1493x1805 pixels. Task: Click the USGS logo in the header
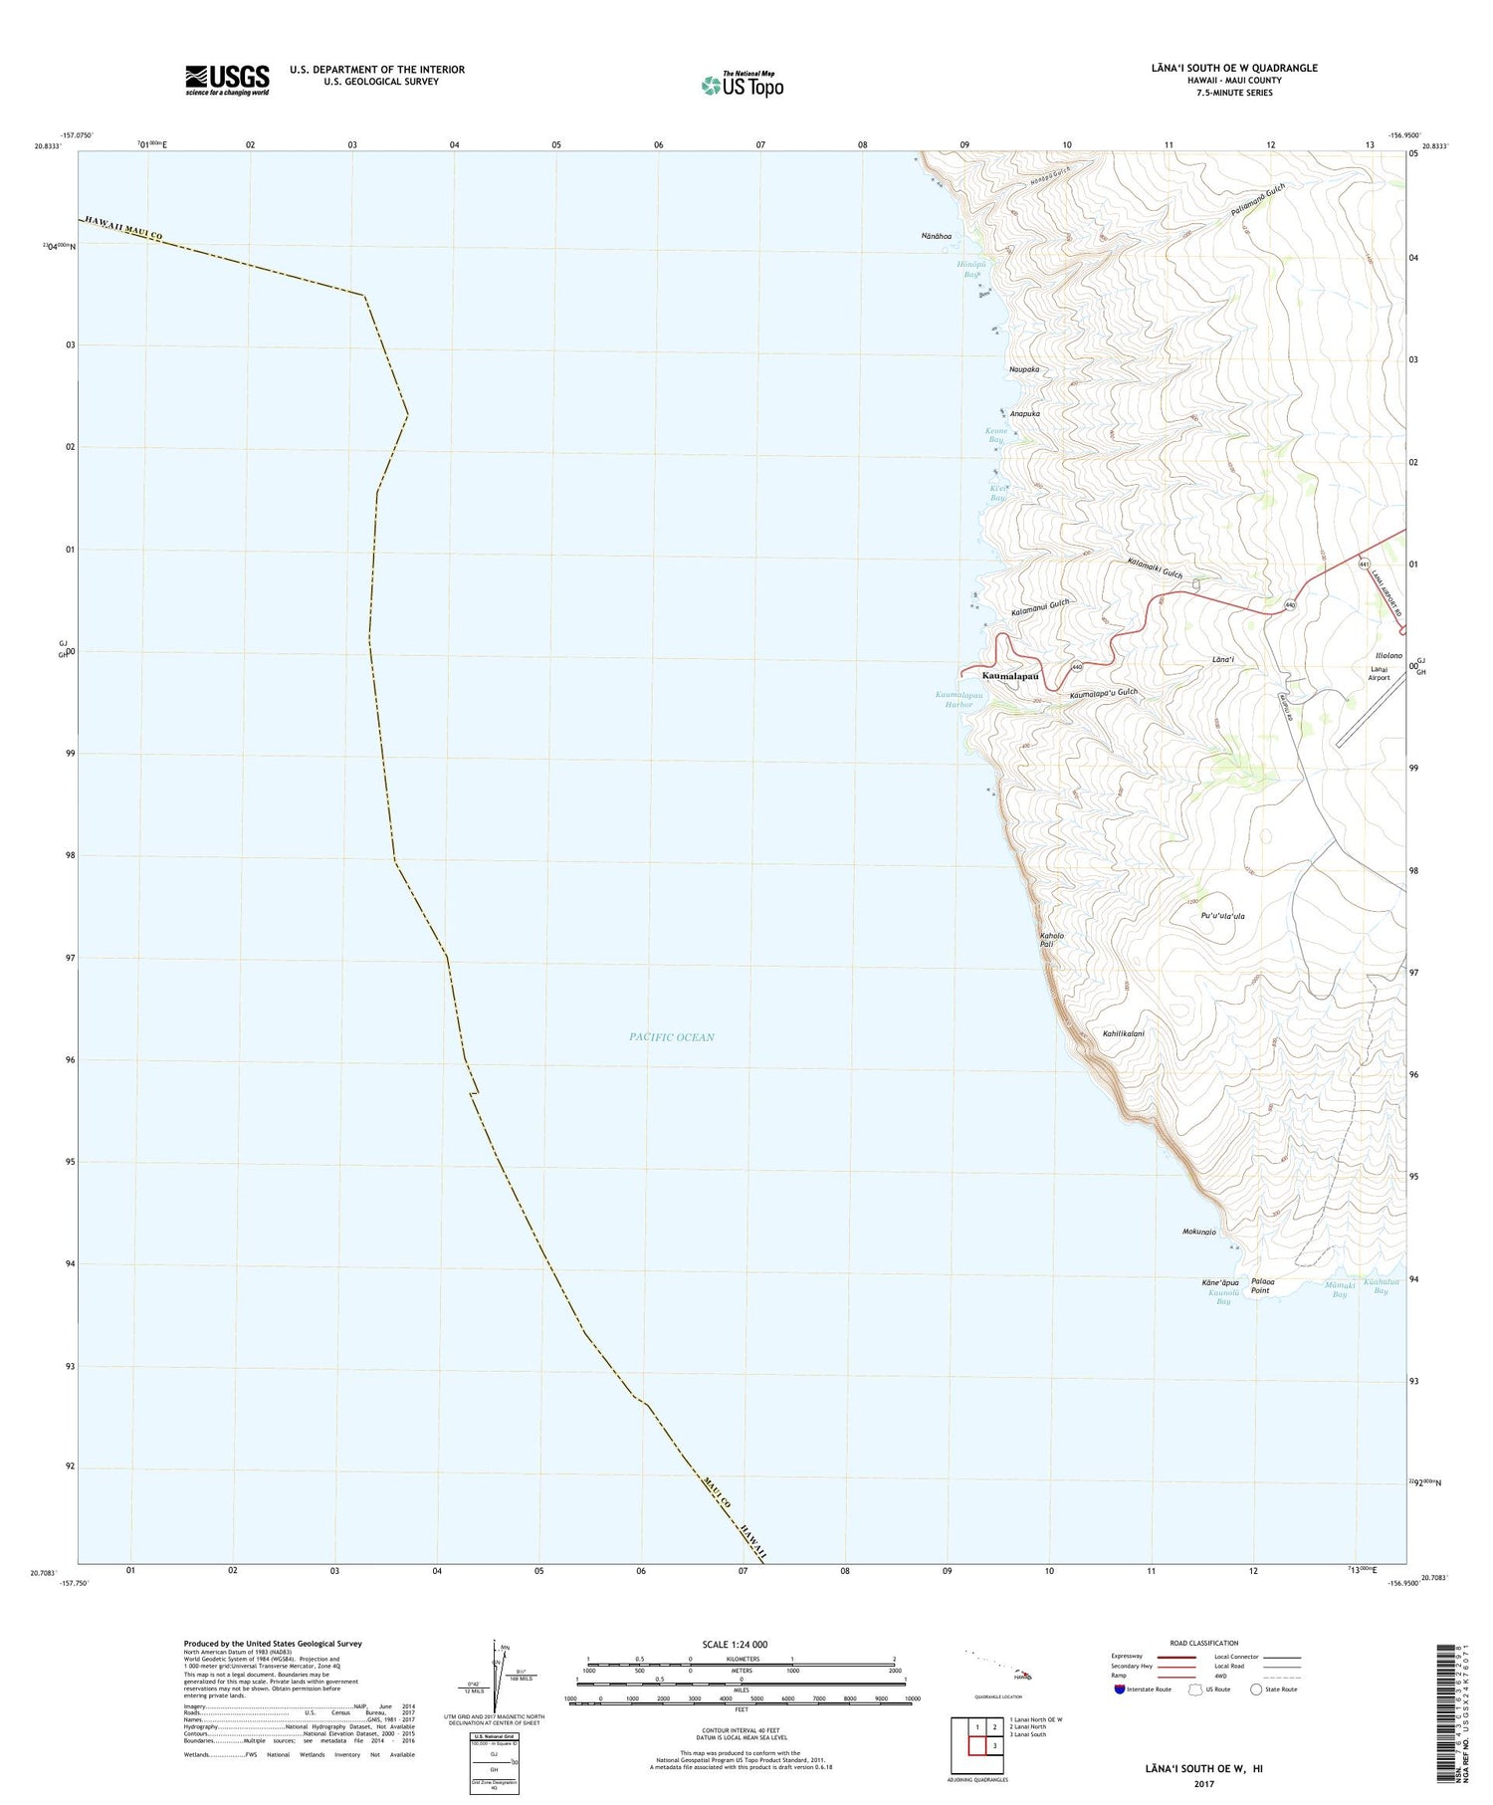pyautogui.click(x=227, y=80)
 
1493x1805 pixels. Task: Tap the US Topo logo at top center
pyautogui.click(x=742, y=85)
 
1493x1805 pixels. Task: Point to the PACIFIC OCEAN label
pyautogui.click(x=672, y=1036)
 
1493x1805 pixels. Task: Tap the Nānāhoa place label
pyautogui.click(x=936, y=236)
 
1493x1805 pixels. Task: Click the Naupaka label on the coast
pyautogui.click(x=1024, y=369)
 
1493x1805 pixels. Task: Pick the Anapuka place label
pyautogui.click(x=1025, y=413)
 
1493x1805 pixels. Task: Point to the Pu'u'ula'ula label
pyautogui.click(x=1223, y=916)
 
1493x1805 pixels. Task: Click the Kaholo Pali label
pyautogui.click(x=1052, y=940)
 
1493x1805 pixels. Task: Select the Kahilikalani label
pyautogui.click(x=1124, y=1033)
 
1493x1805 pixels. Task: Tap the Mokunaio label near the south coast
pyautogui.click(x=1199, y=1232)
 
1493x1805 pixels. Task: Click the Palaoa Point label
pyautogui.click(x=1261, y=1285)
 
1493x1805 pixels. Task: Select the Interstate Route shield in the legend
pyautogui.click(x=1121, y=1689)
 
